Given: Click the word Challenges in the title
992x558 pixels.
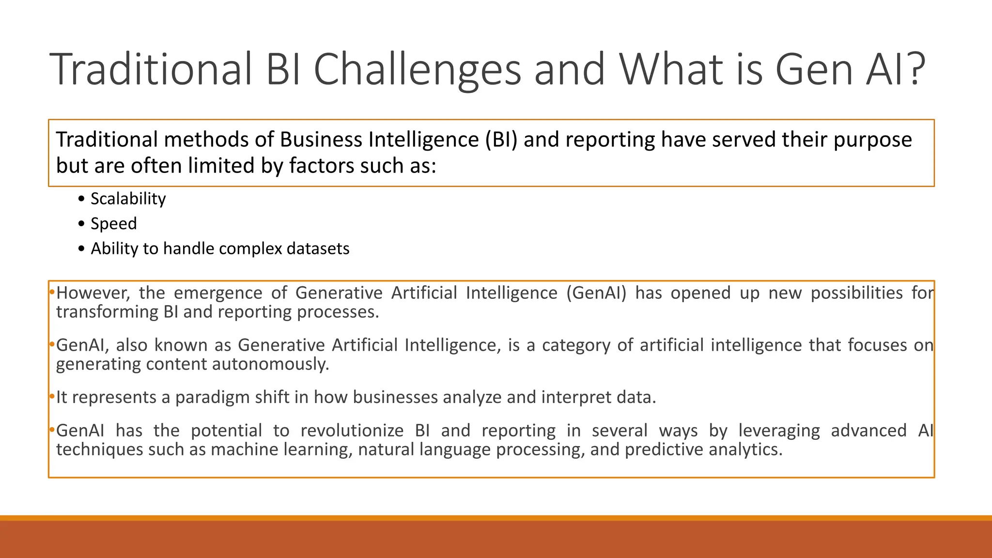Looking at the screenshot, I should click(417, 70).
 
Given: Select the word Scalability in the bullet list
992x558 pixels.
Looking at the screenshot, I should click(128, 199).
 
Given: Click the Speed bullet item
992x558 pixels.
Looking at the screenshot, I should click(113, 224).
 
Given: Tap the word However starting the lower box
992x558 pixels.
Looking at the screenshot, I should click(93, 293).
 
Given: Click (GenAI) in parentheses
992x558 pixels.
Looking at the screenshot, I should click(596, 293).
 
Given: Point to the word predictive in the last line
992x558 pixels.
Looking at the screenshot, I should click(664, 450).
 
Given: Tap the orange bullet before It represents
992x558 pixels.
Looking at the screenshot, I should click(51, 397).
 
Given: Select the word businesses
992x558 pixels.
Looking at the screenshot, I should click(395, 397).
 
